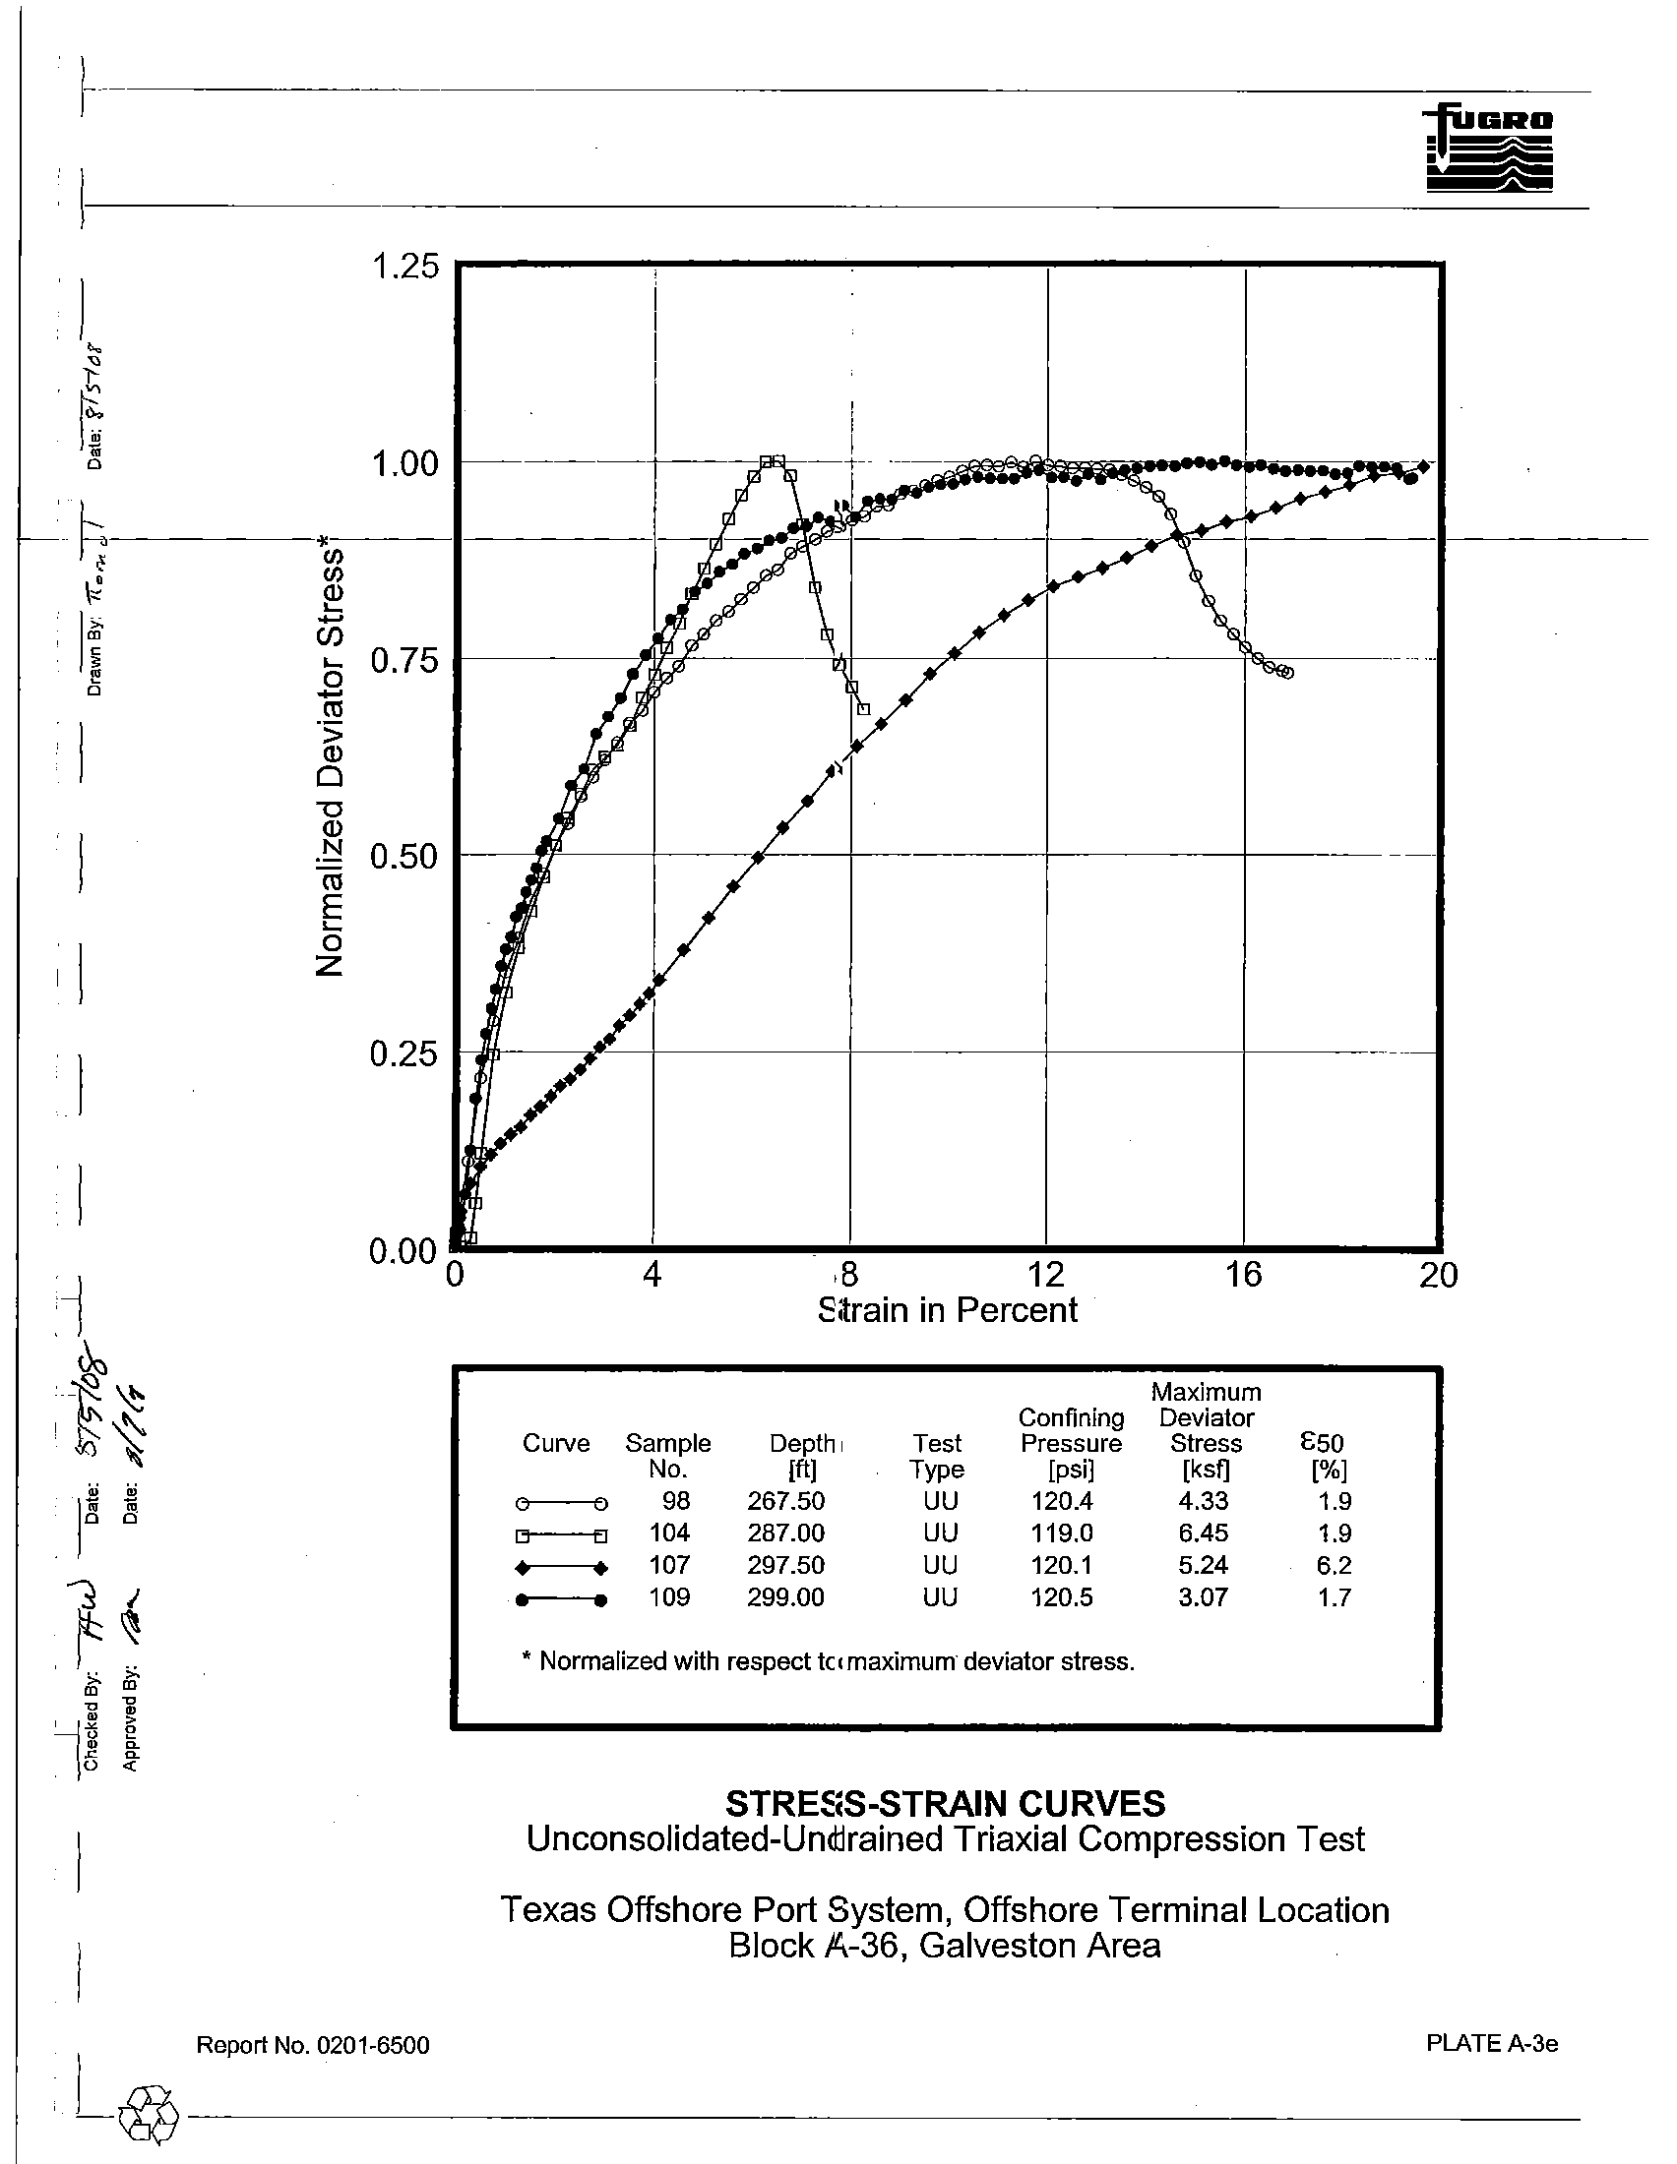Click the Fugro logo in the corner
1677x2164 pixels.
(1489, 149)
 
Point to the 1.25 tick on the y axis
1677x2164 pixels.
(404, 267)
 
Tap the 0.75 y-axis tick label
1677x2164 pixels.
(404, 660)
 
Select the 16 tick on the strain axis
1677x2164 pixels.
(1243, 1274)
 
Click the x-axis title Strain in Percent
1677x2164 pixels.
(948, 1310)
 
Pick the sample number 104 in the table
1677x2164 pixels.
(669, 1533)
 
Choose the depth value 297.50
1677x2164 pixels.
(785, 1565)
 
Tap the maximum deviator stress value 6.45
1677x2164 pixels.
(1204, 1533)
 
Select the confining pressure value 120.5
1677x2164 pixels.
(1062, 1596)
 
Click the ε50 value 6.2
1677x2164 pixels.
(1335, 1565)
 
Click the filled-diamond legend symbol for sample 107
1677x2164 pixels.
(560, 1568)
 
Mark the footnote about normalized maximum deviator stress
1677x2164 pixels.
(828, 1661)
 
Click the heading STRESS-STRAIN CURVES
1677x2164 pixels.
(946, 1802)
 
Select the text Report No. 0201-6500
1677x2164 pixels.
(313, 2045)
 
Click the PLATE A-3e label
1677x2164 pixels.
(1492, 2043)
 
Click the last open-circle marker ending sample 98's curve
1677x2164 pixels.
(1286, 673)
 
